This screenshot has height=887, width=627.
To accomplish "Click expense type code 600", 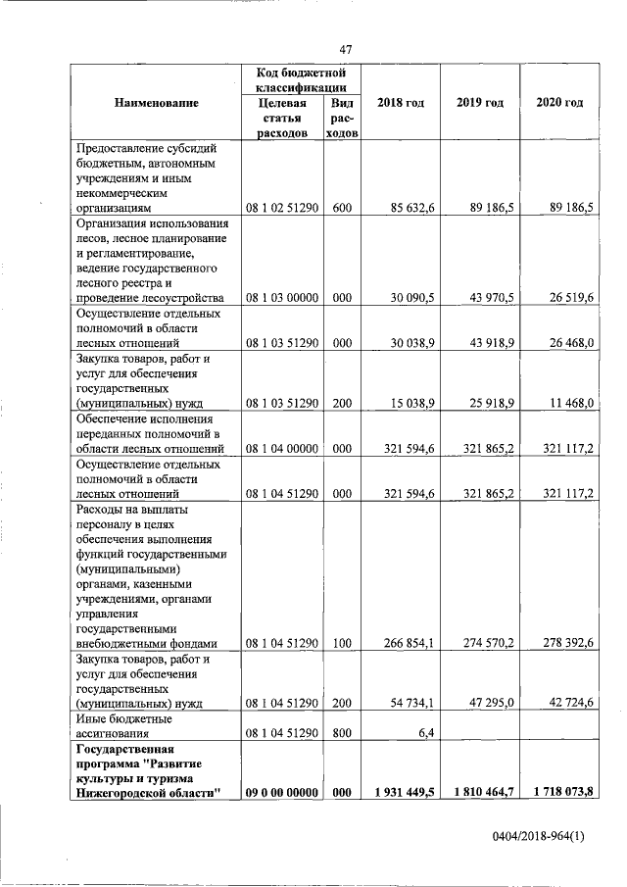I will click(x=342, y=208).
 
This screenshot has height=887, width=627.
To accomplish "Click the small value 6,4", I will click(x=424, y=732).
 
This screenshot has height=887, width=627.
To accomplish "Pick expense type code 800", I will click(x=342, y=732).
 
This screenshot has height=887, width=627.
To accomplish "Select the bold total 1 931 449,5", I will click(x=402, y=792).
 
